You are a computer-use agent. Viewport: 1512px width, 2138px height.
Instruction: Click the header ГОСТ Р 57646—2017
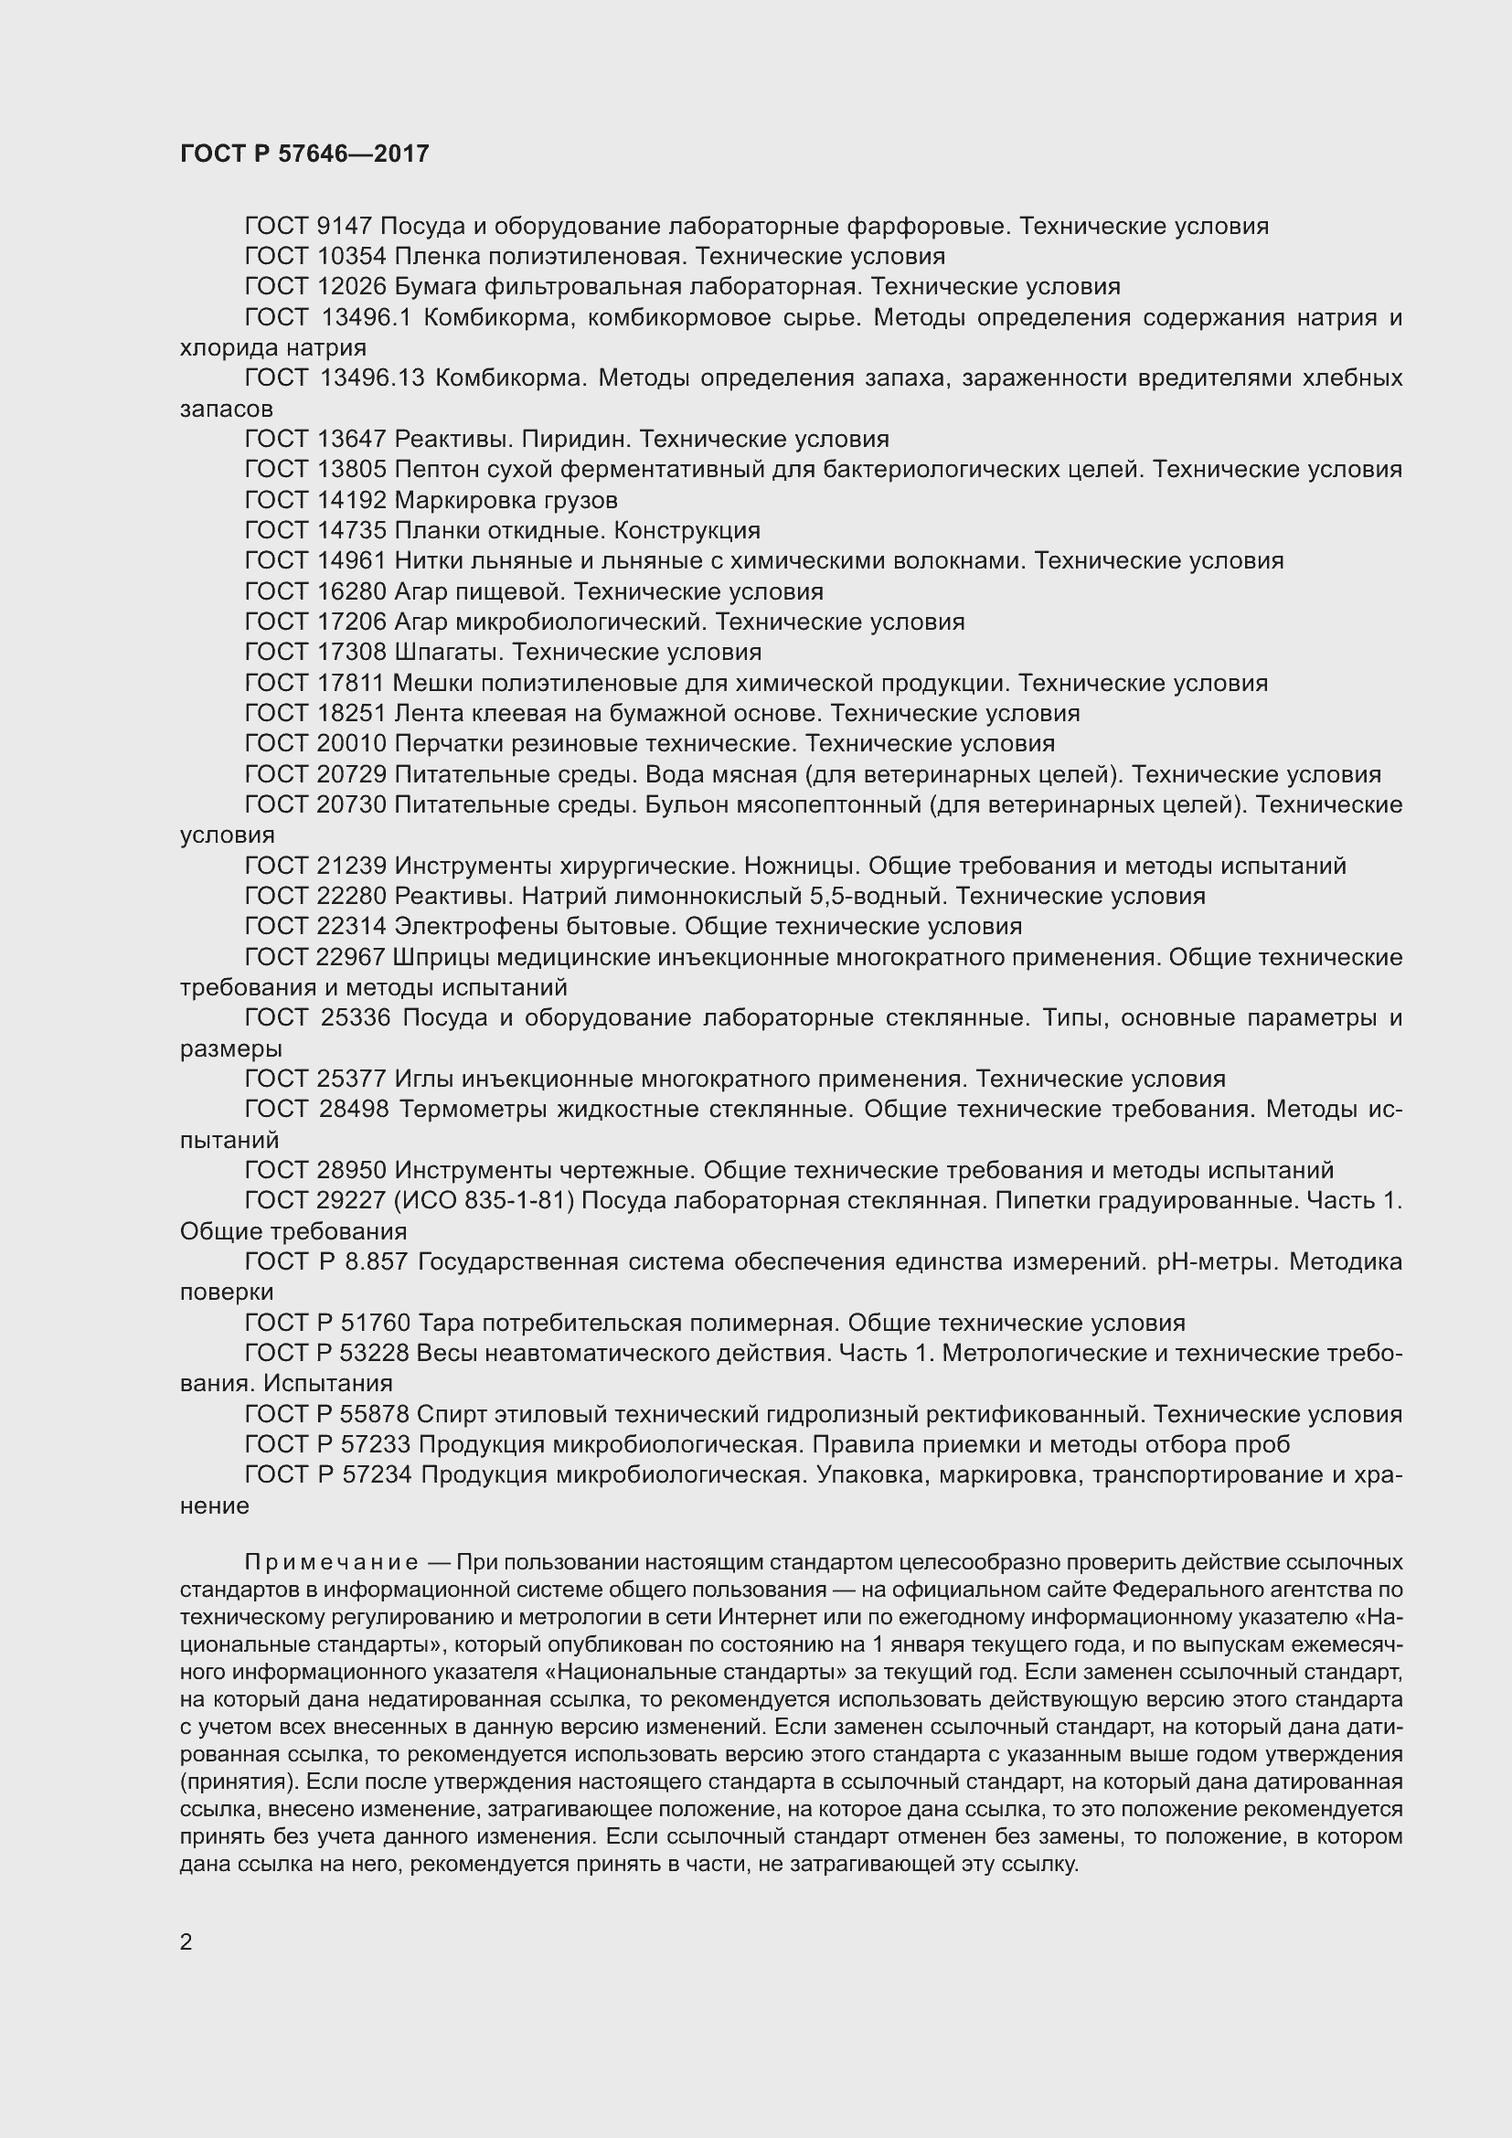(x=304, y=154)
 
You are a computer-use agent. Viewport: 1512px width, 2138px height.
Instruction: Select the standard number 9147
(x=346, y=227)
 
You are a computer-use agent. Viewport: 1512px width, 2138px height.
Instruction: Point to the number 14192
(x=352, y=500)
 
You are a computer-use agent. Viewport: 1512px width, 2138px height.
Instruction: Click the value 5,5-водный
(x=878, y=896)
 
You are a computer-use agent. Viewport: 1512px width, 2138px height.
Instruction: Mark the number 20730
(x=352, y=804)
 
